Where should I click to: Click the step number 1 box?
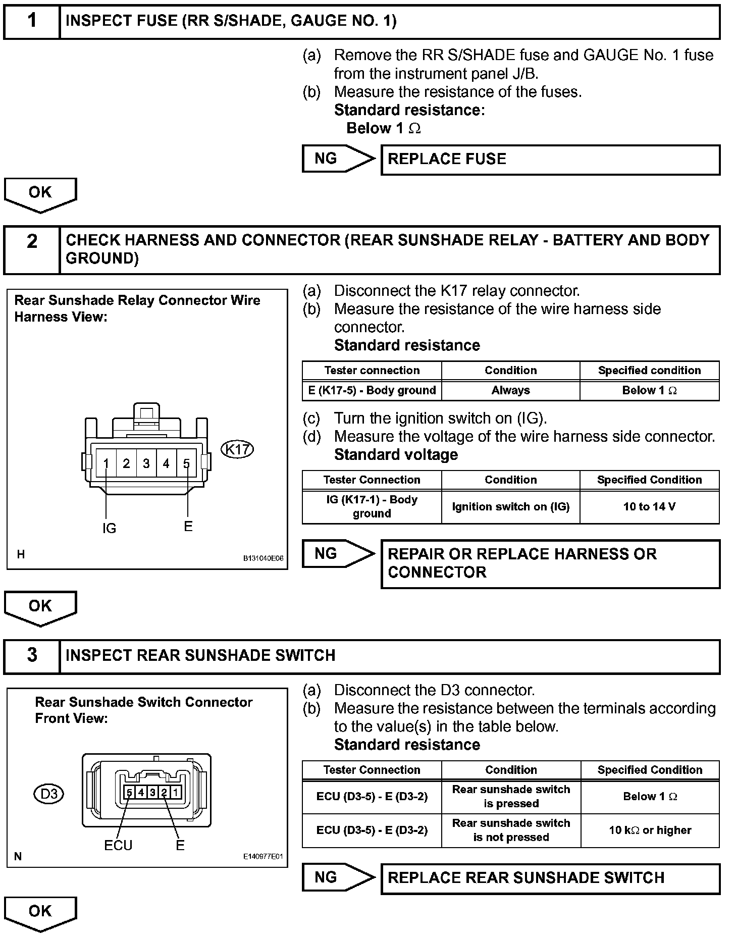tap(32, 21)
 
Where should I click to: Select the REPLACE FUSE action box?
tap(550, 160)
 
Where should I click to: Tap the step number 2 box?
tap(32, 250)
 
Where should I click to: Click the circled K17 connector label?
tap(237, 449)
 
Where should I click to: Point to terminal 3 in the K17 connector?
tap(146, 463)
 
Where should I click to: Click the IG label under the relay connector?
tap(109, 528)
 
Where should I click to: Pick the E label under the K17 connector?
tap(188, 527)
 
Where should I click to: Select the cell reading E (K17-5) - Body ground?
tap(372, 390)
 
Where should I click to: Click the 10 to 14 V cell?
tap(649, 506)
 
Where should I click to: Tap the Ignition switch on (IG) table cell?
tap(511, 506)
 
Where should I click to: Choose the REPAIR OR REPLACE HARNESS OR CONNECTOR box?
tap(550, 563)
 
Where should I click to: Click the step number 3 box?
tap(32, 656)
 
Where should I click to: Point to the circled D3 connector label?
tap(49, 794)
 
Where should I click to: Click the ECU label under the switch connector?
tap(118, 845)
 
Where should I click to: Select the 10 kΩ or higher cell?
tap(650, 830)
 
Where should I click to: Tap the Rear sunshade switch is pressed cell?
tap(511, 796)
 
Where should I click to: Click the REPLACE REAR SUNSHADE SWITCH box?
tap(550, 878)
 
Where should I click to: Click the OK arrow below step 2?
tap(40, 607)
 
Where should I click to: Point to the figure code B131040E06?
tap(263, 558)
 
